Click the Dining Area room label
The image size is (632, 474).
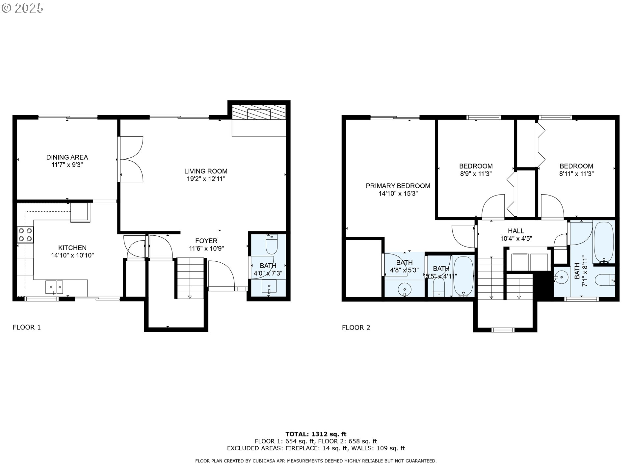tap(67, 157)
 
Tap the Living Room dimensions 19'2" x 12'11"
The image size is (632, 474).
tap(206, 179)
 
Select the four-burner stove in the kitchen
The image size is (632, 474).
tap(25, 234)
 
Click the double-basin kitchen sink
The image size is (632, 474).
tap(54, 287)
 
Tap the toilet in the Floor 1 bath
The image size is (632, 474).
tap(272, 244)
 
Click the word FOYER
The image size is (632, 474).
tap(206, 241)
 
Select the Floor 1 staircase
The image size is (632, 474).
tap(190, 278)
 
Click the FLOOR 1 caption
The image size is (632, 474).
tap(27, 327)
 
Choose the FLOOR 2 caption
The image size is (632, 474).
tap(356, 328)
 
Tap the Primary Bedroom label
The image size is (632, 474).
tap(398, 186)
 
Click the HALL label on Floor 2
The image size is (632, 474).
tap(516, 231)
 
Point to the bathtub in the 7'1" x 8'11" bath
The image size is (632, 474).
tap(604, 243)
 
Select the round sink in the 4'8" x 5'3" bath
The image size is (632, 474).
tap(405, 290)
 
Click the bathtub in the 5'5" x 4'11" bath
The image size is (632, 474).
tap(463, 277)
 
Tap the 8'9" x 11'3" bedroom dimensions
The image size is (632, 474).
tap(476, 174)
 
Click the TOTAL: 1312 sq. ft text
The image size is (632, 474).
tap(316, 434)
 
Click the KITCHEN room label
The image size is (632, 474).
tap(72, 248)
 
